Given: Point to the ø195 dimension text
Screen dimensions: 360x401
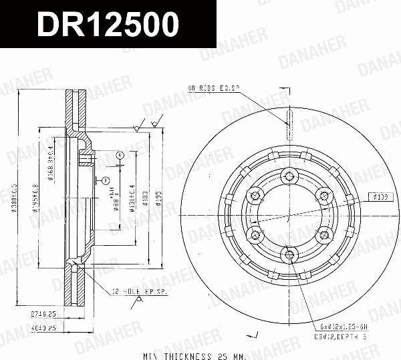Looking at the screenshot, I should tap(158, 200).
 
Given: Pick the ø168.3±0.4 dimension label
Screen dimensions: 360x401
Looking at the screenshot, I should tap(51, 160).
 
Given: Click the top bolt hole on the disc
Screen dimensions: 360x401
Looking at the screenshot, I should tap(289, 176).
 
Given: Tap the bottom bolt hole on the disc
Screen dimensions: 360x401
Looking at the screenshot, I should tap(289, 253).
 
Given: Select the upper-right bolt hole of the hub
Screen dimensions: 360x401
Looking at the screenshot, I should tap(323, 196).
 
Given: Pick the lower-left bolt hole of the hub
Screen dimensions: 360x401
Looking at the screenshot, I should tap(255, 234).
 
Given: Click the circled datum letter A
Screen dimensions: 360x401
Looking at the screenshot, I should tap(119, 155).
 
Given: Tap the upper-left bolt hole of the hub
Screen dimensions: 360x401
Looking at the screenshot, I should tap(255, 196).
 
